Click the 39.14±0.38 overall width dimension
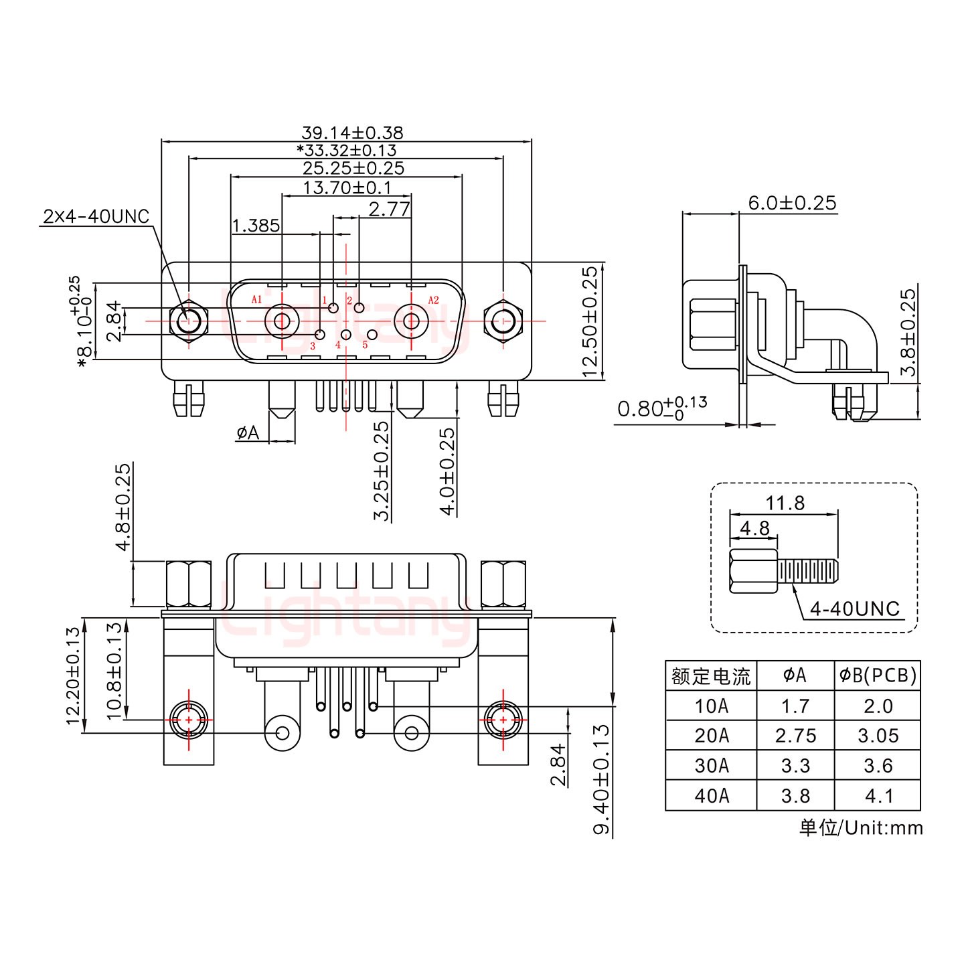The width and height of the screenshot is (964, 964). click(352, 133)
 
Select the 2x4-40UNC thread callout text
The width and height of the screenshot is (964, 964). click(96, 216)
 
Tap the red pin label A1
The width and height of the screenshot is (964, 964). click(256, 299)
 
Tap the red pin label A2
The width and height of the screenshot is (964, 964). click(433, 299)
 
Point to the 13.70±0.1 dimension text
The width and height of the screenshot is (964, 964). click(347, 187)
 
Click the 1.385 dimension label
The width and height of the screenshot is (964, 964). click(256, 226)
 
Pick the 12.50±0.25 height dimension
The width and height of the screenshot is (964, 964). click(590, 321)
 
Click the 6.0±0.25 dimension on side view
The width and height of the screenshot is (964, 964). click(792, 203)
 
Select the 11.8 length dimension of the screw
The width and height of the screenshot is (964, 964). click(785, 503)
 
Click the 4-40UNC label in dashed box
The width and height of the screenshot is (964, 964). click(854, 609)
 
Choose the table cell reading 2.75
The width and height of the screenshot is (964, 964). click(795, 736)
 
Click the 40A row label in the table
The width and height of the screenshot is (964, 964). click(711, 795)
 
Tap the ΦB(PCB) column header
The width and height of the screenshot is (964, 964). click(878, 675)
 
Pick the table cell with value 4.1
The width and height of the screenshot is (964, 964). click(878, 795)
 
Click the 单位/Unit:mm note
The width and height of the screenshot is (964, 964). click(860, 828)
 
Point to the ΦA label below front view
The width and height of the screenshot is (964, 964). click(248, 433)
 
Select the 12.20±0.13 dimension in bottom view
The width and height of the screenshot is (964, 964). click(74, 676)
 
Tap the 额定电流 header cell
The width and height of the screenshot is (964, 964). click(711, 676)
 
